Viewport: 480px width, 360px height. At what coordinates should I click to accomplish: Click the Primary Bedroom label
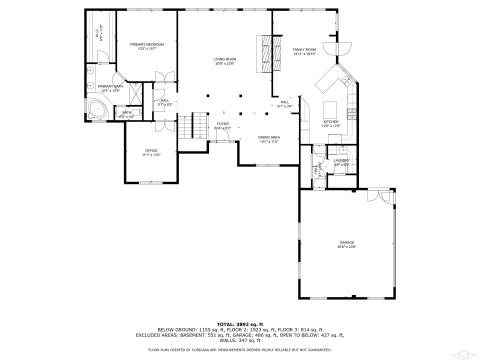pyautogui.click(x=146, y=46)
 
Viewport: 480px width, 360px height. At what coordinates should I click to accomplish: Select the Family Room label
pyautogui.click(x=304, y=51)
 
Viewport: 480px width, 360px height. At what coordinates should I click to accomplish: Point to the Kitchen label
pyautogui.click(x=331, y=125)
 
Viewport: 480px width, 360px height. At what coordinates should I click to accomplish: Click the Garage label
pyautogui.click(x=346, y=245)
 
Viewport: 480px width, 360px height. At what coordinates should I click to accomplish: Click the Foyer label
pyautogui.click(x=222, y=126)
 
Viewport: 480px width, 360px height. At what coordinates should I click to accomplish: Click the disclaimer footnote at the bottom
pyautogui.click(x=240, y=351)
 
